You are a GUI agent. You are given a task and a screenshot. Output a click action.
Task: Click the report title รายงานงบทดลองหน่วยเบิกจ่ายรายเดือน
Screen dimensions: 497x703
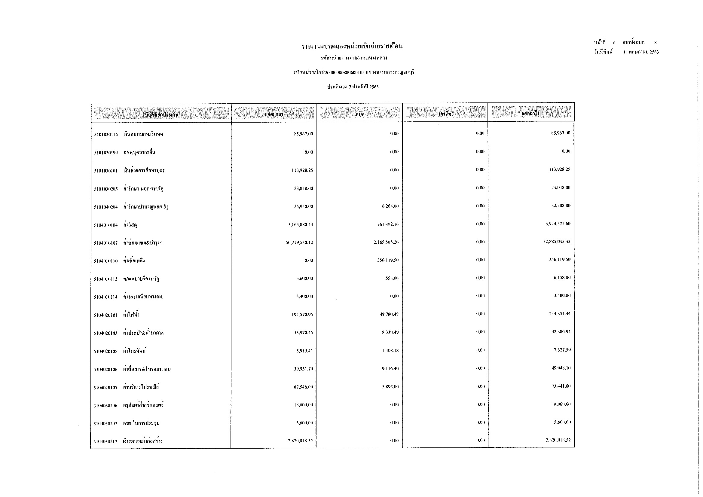[352, 47]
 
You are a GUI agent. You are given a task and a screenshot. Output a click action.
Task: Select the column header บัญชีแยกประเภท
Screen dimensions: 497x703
[161, 115]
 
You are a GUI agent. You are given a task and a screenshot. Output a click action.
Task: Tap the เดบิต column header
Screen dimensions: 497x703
[359, 114]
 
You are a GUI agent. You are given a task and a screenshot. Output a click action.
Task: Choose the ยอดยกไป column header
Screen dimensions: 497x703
[531, 113]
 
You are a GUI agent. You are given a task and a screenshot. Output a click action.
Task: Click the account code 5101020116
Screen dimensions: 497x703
[105, 134]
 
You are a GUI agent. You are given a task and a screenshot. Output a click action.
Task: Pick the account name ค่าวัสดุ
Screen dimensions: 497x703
[130, 225]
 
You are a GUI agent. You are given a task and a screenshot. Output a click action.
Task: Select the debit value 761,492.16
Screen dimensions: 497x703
[388, 224]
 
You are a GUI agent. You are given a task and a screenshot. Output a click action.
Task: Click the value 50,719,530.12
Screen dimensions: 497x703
[299, 242]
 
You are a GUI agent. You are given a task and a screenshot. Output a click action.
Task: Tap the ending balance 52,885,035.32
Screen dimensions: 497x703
[557, 242]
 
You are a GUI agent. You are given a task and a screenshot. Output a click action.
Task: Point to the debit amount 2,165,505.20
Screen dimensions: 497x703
[386, 242]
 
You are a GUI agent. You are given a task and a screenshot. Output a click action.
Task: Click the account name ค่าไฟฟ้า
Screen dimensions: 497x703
[131, 315]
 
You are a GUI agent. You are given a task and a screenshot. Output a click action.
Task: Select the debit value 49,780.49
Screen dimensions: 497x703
[389, 314]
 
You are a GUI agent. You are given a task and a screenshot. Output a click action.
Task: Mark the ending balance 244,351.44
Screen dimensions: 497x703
[559, 314]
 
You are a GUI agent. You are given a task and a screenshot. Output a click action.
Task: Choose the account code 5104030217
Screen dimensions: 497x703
[105, 441]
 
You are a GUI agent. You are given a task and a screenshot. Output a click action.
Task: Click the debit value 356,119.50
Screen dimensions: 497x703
[388, 260]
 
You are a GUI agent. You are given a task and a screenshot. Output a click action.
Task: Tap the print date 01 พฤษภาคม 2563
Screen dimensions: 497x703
[640, 52]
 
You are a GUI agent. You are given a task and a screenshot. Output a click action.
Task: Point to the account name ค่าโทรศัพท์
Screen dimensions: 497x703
[134, 351]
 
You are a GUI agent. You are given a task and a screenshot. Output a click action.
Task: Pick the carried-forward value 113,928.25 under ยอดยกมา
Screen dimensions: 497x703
[302, 170]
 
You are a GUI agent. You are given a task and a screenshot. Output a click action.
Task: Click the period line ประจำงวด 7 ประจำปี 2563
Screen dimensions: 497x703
[353, 87]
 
